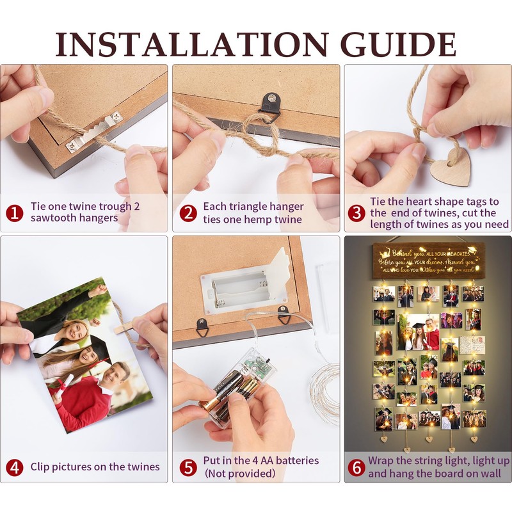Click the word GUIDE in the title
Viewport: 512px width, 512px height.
pyautogui.click(x=398, y=44)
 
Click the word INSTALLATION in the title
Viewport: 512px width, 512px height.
pyautogui.click(x=191, y=44)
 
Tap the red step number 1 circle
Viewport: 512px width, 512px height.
pyautogui.click(x=15, y=213)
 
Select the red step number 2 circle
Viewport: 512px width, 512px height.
pyautogui.click(x=188, y=213)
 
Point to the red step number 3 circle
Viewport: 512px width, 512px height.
pyautogui.click(x=356, y=213)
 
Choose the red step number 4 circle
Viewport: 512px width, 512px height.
pyautogui.click(x=15, y=468)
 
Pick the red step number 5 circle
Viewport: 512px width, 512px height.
pyautogui.click(x=188, y=468)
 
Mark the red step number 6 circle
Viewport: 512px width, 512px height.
pyautogui.click(x=356, y=468)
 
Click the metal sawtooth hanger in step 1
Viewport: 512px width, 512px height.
pyautogui.click(x=95, y=132)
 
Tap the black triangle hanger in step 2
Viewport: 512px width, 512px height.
pyautogui.click(x=270, y=106)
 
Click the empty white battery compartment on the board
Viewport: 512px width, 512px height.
pyautogui.click(x=243, y=287)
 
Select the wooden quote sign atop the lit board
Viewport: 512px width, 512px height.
pyautogui.click(x=428, y=260)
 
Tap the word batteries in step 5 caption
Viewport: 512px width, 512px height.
pyautogui.click(x=297, y=460)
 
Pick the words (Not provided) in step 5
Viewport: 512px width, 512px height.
pyautogui.click(x=240, y=474)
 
